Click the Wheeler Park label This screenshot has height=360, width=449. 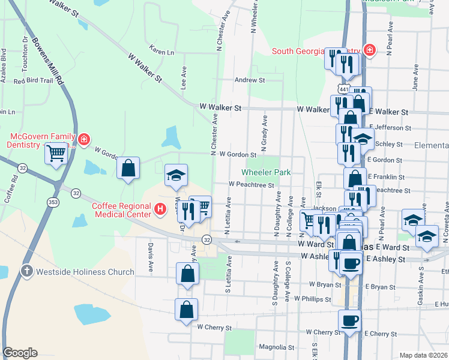266,172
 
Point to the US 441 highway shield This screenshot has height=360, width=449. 343,89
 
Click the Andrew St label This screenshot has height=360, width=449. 249,80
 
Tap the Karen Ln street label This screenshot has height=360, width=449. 161,52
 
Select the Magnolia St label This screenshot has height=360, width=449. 276,347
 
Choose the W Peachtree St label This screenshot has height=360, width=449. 251,185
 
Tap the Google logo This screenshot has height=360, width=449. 20,353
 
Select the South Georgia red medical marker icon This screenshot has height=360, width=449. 370,50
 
